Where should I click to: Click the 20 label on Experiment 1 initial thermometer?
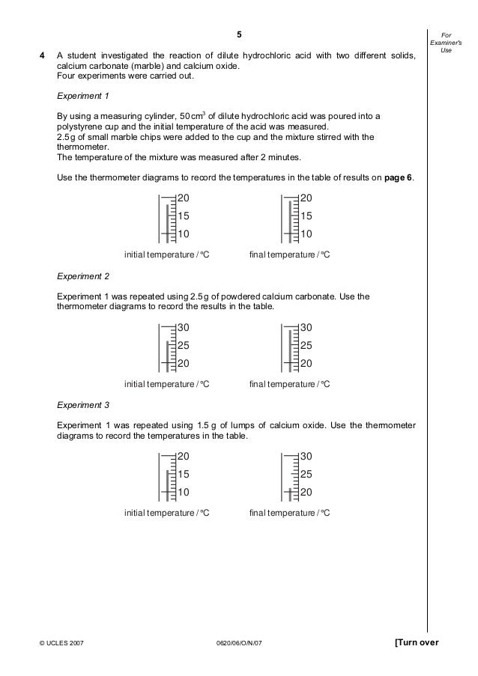pos(184,198)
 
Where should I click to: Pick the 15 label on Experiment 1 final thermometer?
pos(306,216)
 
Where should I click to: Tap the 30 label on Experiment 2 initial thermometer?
pos(184,328)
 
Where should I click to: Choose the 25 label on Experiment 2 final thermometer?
pos(306,346)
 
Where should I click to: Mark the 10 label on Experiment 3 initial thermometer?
pos(184,493)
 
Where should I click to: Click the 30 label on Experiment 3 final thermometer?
pos(306,457)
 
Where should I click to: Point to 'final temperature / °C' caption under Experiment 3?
pos(289,514)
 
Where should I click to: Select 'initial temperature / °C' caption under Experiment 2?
pos(166,384)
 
